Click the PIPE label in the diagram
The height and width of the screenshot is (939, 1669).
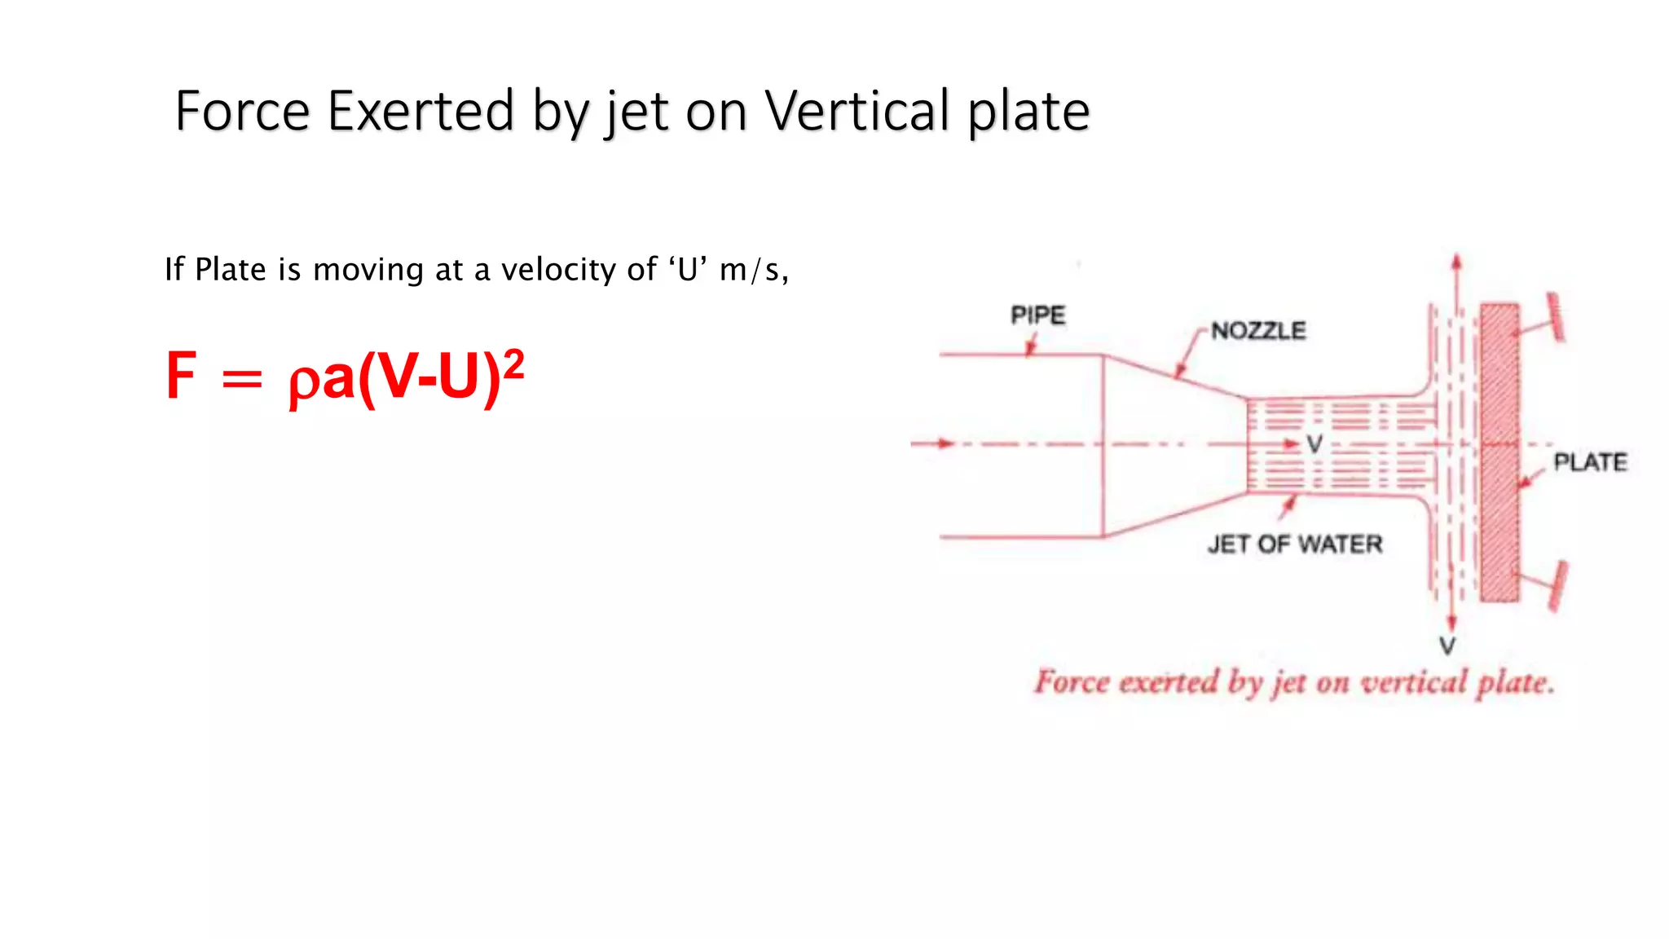(1037, 315)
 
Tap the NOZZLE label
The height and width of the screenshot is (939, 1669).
(1258, 331)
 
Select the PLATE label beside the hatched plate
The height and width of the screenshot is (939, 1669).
(1590, 462)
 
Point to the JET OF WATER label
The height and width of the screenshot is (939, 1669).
(1295, 544)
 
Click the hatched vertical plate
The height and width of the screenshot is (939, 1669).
(1499, 452)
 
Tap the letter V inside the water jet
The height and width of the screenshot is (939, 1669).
(1315, 444)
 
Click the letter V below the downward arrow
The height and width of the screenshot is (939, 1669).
(1447, 646)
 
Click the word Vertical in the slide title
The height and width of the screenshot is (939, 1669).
(857, 111)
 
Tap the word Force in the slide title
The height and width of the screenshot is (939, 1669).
(242, 111)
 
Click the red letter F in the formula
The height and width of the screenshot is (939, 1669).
(181, 376)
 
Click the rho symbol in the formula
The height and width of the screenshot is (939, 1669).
(303, 382)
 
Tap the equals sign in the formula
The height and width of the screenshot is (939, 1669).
(242, 379)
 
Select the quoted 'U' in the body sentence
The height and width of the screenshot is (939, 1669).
(688, 269)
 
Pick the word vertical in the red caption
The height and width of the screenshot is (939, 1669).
(1414, 681)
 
